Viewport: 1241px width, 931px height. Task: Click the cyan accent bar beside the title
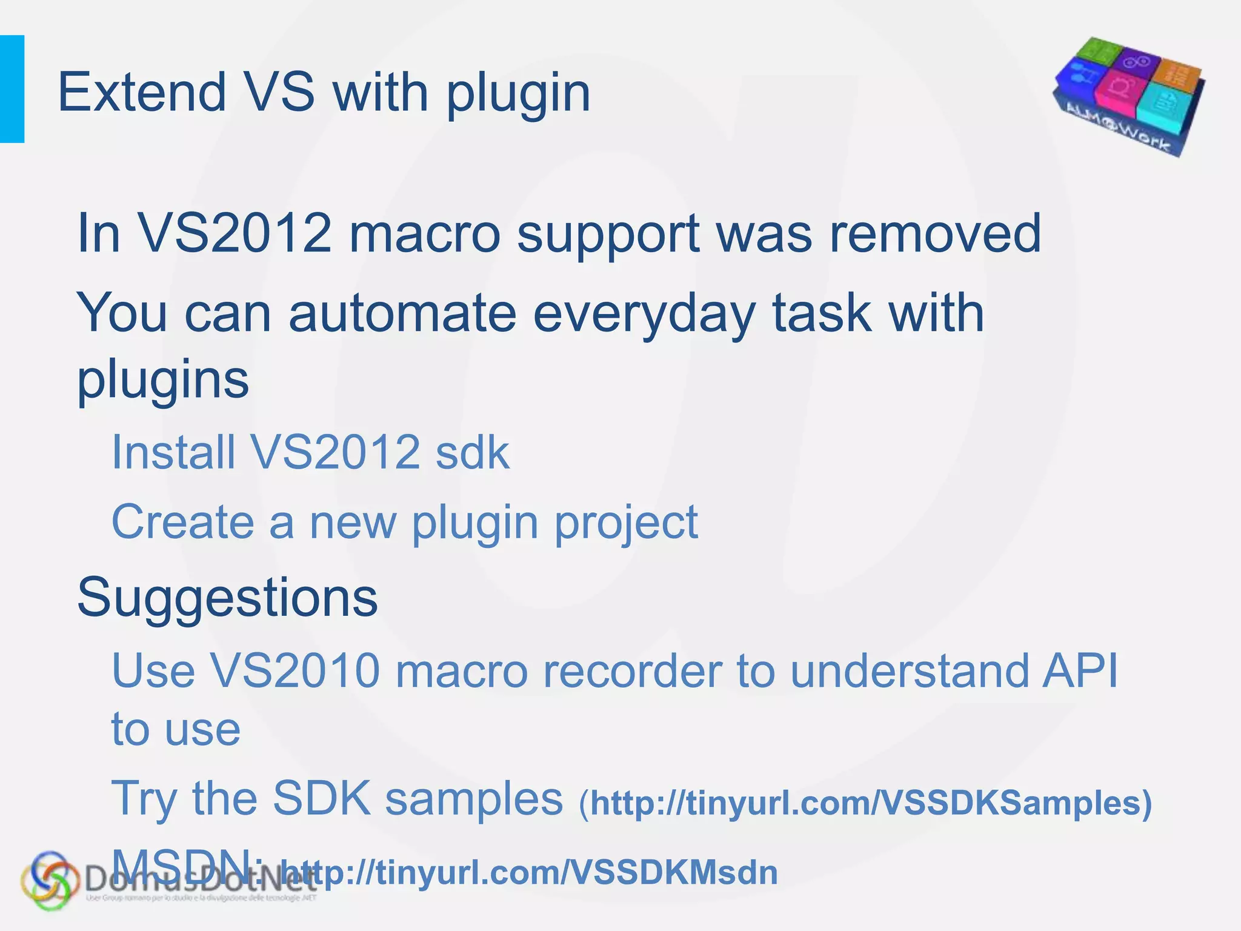(x=12, y=89)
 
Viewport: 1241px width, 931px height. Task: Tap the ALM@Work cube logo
(x=1128, y=97)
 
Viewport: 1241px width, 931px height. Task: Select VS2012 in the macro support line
(x=236, y=233)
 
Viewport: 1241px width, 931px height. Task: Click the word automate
(x=402, y=313)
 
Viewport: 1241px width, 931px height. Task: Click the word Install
(x=173, y=452)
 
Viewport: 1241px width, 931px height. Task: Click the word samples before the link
(x=474, y=799)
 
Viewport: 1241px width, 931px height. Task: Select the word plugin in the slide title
(x=518, y=94)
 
